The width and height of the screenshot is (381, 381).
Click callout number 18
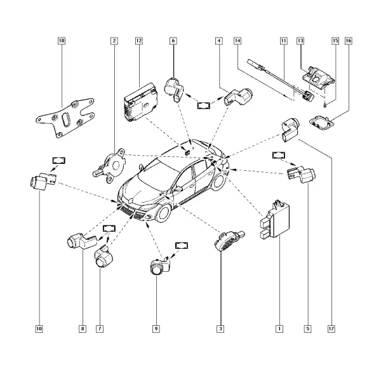coord(62,41)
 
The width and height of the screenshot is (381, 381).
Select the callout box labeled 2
coord(114,41)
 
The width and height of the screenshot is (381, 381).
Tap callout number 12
coord(138,41)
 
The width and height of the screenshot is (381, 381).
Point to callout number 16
coord(349,41)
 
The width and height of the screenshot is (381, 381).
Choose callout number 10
coord(39,329)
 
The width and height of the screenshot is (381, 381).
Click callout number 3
coord(220,329)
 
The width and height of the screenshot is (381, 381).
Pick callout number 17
coord(331,329)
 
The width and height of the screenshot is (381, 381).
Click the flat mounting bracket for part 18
coord(65,118)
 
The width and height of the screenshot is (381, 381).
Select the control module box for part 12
coord(141,102)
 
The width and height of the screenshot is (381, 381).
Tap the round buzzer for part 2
coord(110,165)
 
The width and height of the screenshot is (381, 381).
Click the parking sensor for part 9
coord(160,265)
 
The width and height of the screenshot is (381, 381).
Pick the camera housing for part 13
coord(318,77)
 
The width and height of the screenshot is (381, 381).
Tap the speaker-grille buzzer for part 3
coord(229,241)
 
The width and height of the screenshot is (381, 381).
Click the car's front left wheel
coord(164,213)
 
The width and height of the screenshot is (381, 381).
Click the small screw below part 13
coord(326,105)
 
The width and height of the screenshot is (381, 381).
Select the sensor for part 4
coord(238,96)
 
